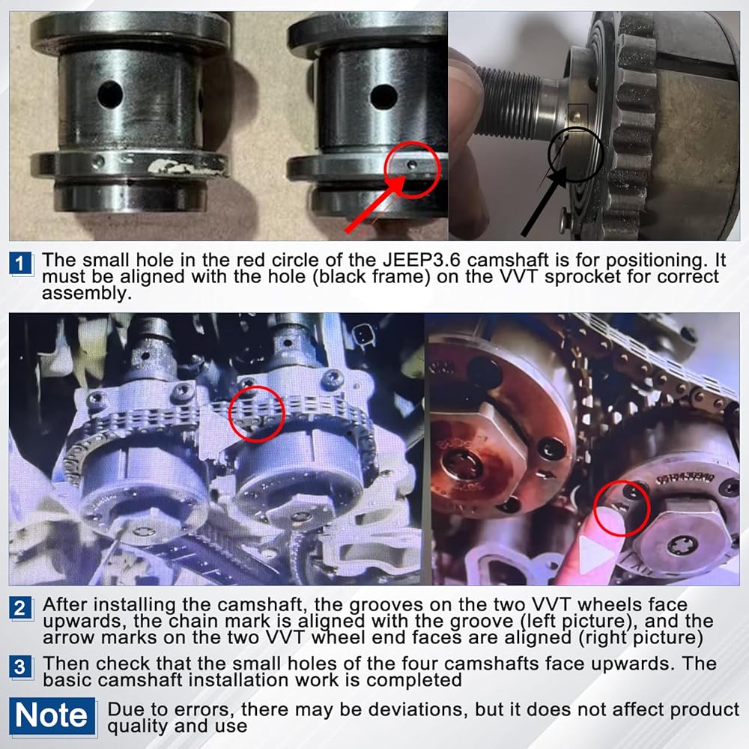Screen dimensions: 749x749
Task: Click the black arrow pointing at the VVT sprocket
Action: [x=544, y=201]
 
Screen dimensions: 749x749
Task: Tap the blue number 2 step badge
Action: [x=20, y=608]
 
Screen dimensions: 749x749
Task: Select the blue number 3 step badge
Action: [x=20, y=667]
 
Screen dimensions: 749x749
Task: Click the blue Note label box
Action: [x=52, y=716]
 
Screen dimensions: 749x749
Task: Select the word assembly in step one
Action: [x=86, y=294]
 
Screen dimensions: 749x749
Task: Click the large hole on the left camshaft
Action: [x=110, y=94]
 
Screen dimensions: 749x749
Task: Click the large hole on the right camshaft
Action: [x=383, y=97]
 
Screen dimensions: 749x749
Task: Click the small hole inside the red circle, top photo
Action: [x=413, y=165]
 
